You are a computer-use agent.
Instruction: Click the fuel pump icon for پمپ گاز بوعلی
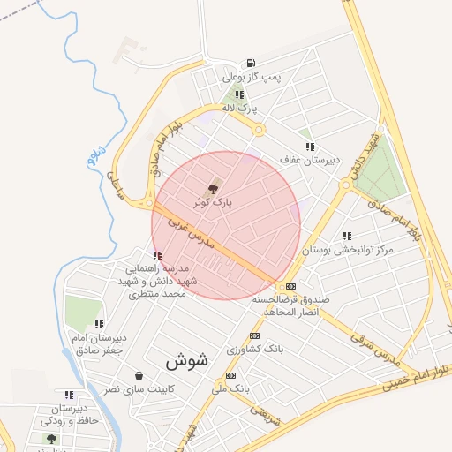click(252, 63)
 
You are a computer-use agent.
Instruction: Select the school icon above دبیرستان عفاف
click(308, 146)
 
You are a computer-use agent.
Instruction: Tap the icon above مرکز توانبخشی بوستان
click(346, 237)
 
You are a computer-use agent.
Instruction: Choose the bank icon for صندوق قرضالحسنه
click(290, 286)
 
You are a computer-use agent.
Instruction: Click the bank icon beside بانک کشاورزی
click(255, 335)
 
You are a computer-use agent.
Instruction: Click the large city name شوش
click(185, 360)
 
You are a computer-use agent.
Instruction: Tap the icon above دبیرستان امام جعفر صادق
click(99, 324)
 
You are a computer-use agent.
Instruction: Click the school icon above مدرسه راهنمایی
click(157, 254)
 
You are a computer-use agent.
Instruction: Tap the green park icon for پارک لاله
click(239, 93)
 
